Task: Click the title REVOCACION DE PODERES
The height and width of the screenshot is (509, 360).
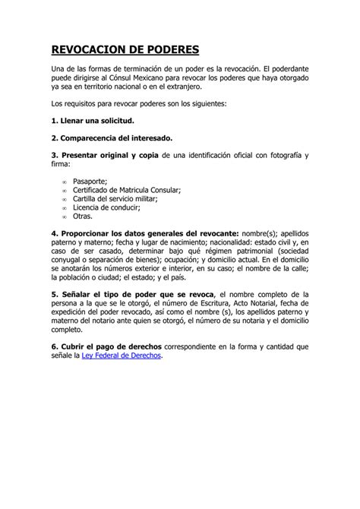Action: pos(125,51)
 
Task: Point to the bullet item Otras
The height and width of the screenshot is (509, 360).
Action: pos(83,215)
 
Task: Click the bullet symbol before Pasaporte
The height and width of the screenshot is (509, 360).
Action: pos(63,182)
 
